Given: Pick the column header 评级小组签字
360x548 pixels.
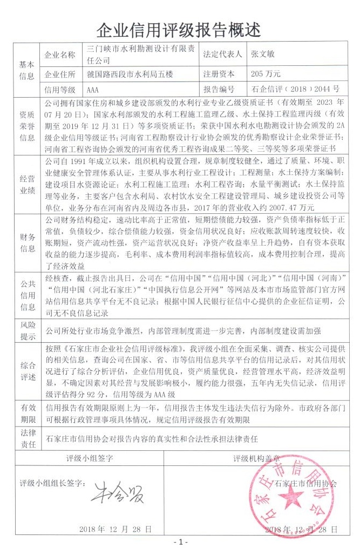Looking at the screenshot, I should pos(90,458).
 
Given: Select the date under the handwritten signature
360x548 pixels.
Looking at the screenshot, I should pos(110,528).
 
